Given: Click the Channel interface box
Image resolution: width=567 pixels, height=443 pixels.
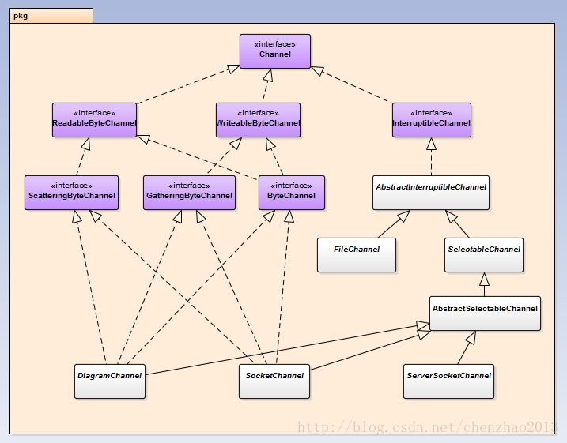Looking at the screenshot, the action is click(275, 51).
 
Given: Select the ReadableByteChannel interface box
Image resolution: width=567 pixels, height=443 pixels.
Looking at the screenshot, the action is click(94, 120).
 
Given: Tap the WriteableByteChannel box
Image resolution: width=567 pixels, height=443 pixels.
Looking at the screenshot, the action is click(258, 120).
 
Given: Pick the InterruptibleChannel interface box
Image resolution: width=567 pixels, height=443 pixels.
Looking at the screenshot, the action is click(432, 120).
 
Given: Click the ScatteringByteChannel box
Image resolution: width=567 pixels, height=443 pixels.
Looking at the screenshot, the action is click(72, 193).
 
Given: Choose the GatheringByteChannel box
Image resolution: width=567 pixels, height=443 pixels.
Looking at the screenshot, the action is click(190, 193).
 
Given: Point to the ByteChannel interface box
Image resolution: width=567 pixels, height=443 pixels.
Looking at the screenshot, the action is click(292, 193).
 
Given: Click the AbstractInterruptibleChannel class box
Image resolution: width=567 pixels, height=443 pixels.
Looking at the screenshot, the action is click(431, 193).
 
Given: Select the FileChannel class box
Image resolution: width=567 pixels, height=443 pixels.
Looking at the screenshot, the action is click(357, 255).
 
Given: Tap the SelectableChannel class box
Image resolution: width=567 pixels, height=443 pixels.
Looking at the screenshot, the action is click(484, 255).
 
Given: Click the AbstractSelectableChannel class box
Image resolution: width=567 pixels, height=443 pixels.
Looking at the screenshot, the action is click(486, 313).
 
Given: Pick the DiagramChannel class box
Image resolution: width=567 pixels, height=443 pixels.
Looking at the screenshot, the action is click(110, 381).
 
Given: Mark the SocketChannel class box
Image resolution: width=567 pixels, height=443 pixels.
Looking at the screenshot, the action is click(274, 381).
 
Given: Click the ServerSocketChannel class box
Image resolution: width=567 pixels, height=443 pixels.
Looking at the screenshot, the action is click(448, 381).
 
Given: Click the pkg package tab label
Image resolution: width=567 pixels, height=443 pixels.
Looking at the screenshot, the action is click(21, 16).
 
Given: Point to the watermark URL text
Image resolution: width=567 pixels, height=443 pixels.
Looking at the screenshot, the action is click(427, 427).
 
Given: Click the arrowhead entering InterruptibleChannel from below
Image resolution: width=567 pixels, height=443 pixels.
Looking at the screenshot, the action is click(432, 144).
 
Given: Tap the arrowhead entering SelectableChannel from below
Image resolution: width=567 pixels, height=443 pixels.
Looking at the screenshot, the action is click(484, 279).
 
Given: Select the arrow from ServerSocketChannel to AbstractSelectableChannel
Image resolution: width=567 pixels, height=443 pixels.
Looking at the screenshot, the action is click(467, 347).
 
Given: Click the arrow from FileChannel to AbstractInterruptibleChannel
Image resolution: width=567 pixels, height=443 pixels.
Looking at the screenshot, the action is click(394, 223).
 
